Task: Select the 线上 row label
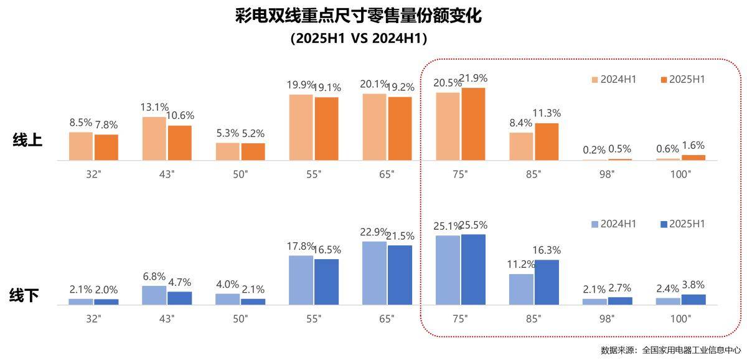click(x=27, y=141)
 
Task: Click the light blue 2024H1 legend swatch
click(x=594, y=224)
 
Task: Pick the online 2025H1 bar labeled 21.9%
click(x=473, y=124)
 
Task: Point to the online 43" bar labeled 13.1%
click(x=154, y=138)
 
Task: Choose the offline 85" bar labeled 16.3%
click(x=547, y=282)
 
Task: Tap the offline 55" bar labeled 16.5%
click(x=326, y=282)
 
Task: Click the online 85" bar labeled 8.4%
click(x=522, y=146)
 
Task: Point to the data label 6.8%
click(x=154, y=276)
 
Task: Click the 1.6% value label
click(x=693, y=145)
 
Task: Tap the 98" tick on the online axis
click(x=608, y=174)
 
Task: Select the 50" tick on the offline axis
click(x=240, y=319)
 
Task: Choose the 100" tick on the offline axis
click(x=681, y=319)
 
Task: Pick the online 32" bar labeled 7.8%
click(x=106, y=147)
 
